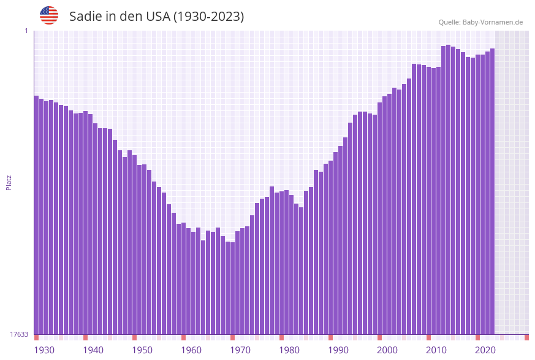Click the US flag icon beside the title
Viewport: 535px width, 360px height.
[x=49, y=15]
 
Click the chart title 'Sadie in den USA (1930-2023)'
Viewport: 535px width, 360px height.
[x=156, y=17]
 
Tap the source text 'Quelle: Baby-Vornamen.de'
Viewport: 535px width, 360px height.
[x=480, y=22]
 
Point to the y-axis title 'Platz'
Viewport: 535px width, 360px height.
[x=9, y=182]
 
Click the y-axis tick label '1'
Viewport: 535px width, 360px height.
[x=26, y=31]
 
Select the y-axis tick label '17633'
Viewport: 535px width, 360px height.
[x=19, y=334]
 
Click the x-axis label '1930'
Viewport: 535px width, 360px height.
[x=44, y=350]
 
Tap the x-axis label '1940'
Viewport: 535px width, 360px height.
[x=93, y=350]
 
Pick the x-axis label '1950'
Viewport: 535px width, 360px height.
[x=142, y=350]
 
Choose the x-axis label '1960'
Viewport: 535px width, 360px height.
[x=191, y=350]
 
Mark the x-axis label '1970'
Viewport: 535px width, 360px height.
[x=240, y=350]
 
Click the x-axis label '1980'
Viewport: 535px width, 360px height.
[x=289, y=350]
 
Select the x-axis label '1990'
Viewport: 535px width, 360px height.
[x=338, y=350]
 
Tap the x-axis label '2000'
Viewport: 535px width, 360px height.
[x=387, y=350]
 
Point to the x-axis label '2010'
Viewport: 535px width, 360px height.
[x=436, y=350]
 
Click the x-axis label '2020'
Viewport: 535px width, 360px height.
[x=485, y=350]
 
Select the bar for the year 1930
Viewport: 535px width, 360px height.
[x=37, y=215]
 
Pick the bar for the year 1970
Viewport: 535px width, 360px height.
[x=232, y=288]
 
